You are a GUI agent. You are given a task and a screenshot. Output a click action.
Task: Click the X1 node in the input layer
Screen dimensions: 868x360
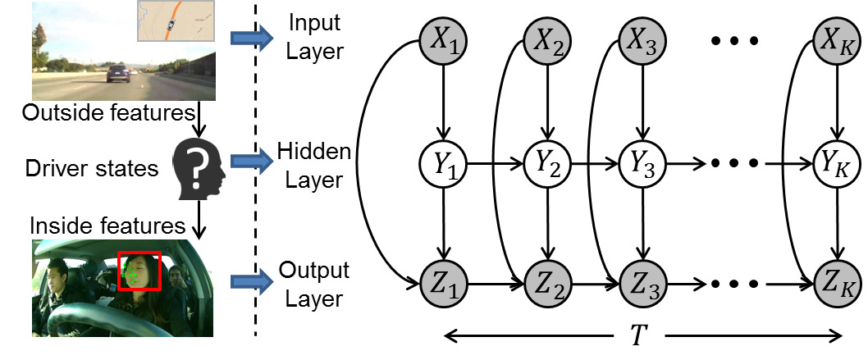[443, 40]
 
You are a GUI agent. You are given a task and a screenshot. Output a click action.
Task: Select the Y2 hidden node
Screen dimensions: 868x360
[548, 164]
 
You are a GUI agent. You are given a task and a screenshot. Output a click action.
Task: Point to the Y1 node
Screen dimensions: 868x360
[443, 164]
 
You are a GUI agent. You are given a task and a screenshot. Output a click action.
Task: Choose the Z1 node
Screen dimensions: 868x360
[443, 284]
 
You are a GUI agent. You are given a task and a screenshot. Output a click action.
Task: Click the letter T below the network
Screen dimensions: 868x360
[638, 336]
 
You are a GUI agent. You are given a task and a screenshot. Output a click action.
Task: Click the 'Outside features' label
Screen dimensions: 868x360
[109, 113]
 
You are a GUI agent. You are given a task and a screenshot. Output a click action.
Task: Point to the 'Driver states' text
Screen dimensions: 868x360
[92, 168]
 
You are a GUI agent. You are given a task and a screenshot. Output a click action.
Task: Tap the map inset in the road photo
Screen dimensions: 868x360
[176, 21]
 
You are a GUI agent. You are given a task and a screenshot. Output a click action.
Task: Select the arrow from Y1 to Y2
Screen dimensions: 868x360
[496, 164]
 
